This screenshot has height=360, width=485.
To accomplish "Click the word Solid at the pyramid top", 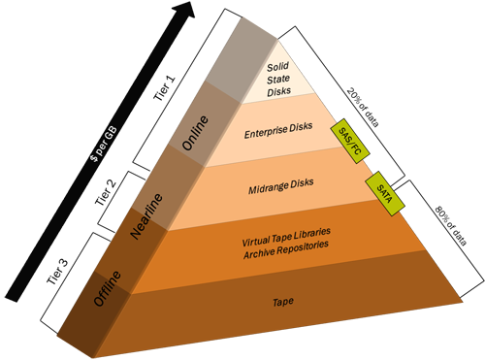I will click(278, 68).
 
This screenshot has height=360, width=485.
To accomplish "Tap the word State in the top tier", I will click(278, 80).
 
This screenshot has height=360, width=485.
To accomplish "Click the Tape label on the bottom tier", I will click(283, 301).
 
